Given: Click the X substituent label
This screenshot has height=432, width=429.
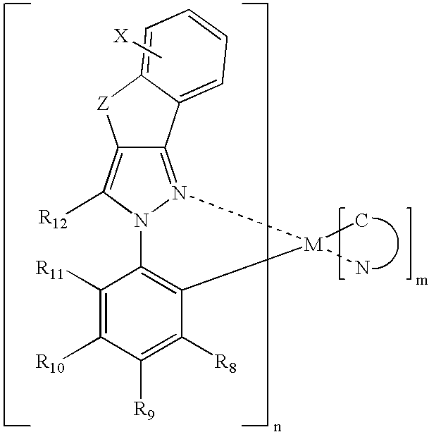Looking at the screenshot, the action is (121, 37).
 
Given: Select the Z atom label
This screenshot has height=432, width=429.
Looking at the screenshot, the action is (104, 104).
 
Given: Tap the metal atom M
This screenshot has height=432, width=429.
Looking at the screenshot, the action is (313, 245).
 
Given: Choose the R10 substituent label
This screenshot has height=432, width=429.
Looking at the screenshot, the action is (50, 363).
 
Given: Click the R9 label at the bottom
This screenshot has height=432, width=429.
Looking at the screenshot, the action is (144, 410).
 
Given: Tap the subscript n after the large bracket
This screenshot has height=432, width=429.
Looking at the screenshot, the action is (278, 427).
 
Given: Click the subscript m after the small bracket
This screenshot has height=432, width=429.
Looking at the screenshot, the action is (421, 281).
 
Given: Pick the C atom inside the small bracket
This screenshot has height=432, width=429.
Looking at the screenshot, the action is (361, 221).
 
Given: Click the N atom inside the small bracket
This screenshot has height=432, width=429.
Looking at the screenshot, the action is (362, 268).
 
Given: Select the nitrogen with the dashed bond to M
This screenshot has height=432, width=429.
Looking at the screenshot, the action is (179, 193).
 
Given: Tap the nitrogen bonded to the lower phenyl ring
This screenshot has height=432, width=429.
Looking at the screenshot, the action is (142, 221).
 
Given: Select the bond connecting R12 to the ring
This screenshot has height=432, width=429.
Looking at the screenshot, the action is (85, 202).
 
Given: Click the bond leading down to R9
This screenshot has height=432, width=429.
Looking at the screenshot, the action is (141, 380).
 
